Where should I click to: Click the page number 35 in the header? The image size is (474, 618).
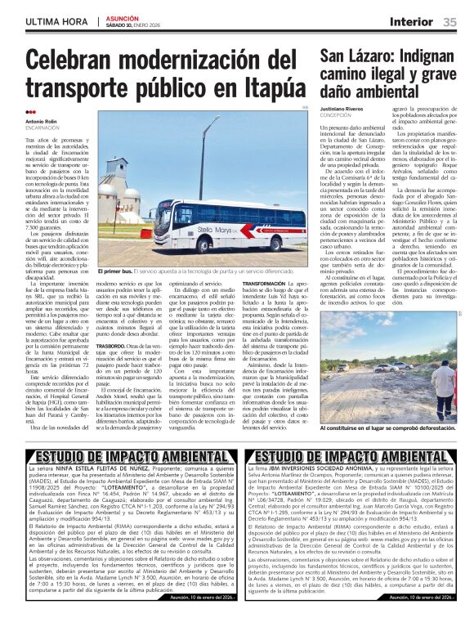[450, 21]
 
